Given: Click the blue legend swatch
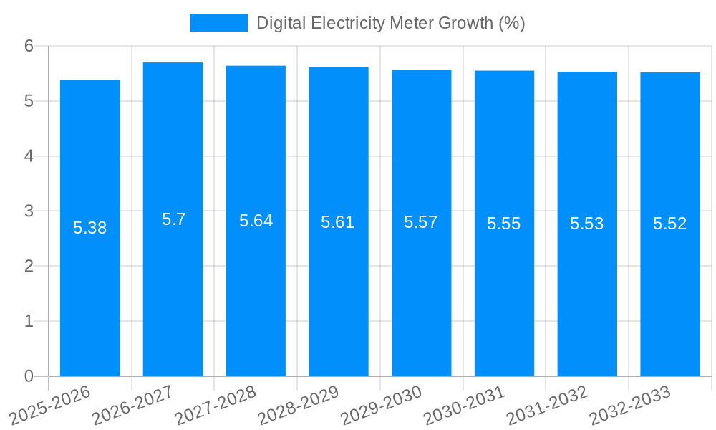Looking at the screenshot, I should pos(218,23).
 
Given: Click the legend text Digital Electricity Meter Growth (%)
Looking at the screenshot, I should pos(390,23).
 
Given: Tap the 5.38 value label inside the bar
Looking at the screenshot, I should pos(89,229).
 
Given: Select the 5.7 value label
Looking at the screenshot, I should pos(173,220).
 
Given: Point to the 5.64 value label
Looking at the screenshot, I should pos(256,221).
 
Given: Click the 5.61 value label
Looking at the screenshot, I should pos(338,222).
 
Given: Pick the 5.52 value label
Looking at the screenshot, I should pos(669,224).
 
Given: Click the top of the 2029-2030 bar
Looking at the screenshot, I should pos(421,70).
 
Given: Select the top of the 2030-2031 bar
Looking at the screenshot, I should pos(504,71).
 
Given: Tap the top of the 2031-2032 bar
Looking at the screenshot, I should pos(587,72).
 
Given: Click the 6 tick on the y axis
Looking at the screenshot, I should pos(29,46).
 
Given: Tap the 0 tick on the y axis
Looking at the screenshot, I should pos(29,376).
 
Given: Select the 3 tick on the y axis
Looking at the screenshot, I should pos(29,211).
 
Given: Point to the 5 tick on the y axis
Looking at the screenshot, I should pos(29,101).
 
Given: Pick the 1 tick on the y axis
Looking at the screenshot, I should pos(29,321).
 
